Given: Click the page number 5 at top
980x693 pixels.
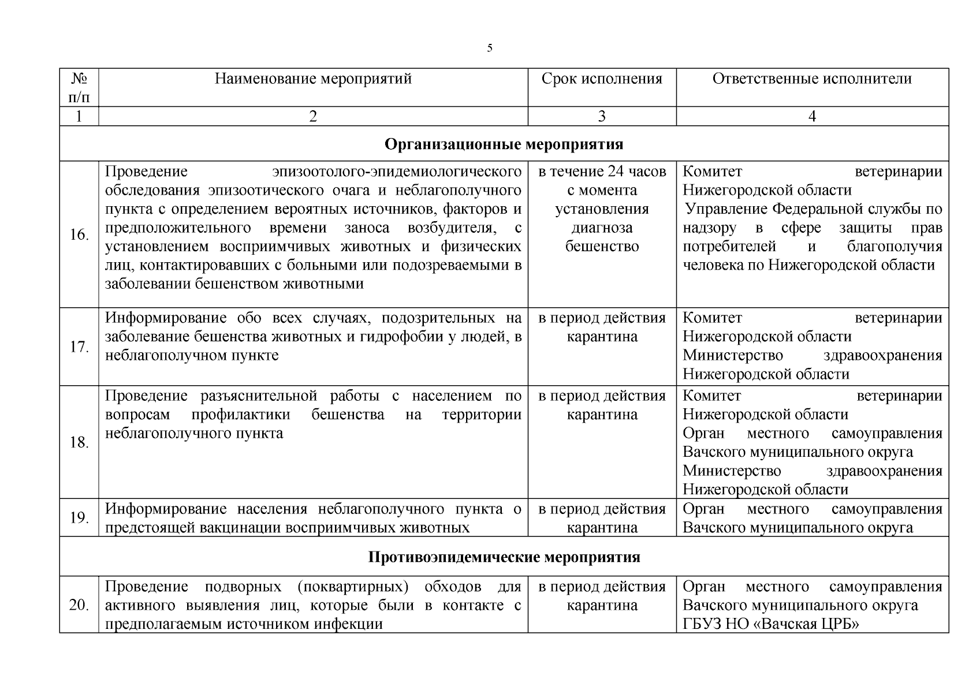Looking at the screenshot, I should tap(490, 48).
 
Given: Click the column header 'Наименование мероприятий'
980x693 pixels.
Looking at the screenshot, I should tap(313, 79).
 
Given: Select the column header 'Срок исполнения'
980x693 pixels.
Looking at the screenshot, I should tap(602, 79).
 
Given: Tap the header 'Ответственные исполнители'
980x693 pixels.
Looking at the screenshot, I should tap(812, 79).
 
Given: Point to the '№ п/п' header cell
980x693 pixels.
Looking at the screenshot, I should tap(79, 87).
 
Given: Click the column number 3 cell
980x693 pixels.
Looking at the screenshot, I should tap(602, 117).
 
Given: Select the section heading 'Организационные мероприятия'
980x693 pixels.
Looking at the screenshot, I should tap(504, 144).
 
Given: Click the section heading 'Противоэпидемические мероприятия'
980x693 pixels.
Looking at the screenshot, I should tap(504, 557).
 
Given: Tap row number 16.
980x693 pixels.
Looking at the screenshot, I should tap(79, 234).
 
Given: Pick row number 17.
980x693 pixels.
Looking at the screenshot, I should tap(79, 347).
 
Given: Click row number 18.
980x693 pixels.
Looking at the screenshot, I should tap(79, 442).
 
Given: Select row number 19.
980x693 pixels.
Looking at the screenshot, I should tap(79, 517).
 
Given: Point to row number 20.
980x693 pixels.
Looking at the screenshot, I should tap(79, 605).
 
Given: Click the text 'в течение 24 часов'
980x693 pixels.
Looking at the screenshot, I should tap(602, 172).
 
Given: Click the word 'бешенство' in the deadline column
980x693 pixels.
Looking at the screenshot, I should tap(602, 247).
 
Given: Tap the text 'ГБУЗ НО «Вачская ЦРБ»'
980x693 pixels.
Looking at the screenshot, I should tap(771, 624).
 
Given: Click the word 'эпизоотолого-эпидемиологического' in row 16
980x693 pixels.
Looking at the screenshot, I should tap(397, 172).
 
